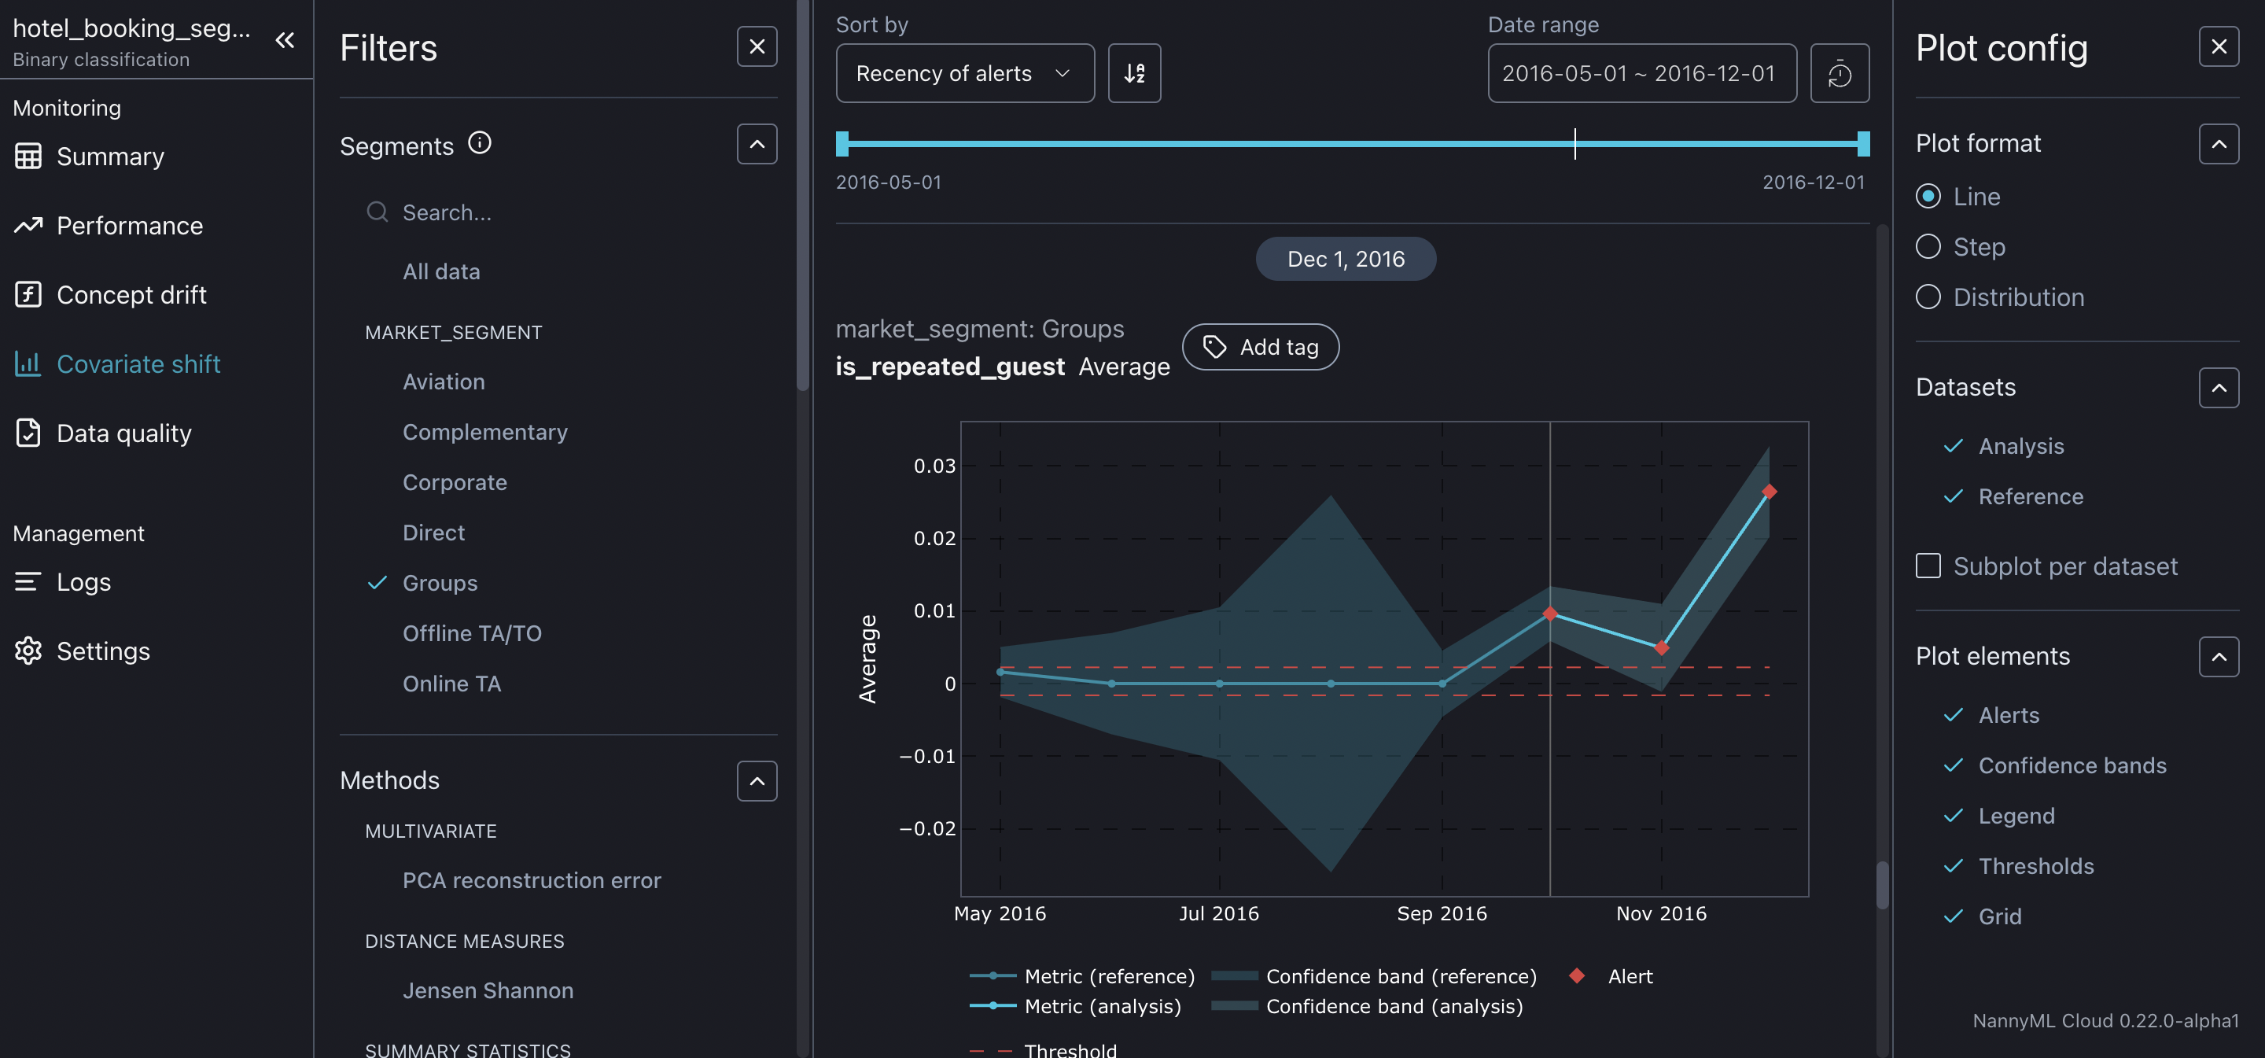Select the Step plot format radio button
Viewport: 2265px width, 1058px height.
click(1928, 247)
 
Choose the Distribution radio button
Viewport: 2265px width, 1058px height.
click(1928, 297)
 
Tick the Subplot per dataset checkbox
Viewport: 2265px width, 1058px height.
click(1928, 566)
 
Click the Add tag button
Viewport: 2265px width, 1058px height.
click(1260, 348)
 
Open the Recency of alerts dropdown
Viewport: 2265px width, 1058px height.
click(963, 74)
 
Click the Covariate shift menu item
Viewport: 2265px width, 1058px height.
click(138, 364)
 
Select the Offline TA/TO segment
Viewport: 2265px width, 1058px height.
click(471, 633)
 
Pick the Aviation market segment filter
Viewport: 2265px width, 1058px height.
click(443, 382)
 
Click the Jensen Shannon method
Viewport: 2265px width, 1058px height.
click(487, 990)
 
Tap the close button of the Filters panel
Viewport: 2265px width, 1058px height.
click(756, 46)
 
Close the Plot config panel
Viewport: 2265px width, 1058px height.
click(2219, 46)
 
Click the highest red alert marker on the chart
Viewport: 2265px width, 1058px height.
click(1769, 492)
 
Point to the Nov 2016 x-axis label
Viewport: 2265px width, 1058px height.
click(1661, 914)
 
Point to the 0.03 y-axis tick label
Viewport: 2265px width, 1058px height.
click(934, 466)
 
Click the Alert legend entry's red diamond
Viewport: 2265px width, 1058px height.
click(1577, 975)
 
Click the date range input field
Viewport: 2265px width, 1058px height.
click(1641, 74)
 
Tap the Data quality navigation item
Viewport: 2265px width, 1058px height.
click(123, 433)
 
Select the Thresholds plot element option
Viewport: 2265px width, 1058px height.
click(2035, 866)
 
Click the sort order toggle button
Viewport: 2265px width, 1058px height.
click(1133, 74)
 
